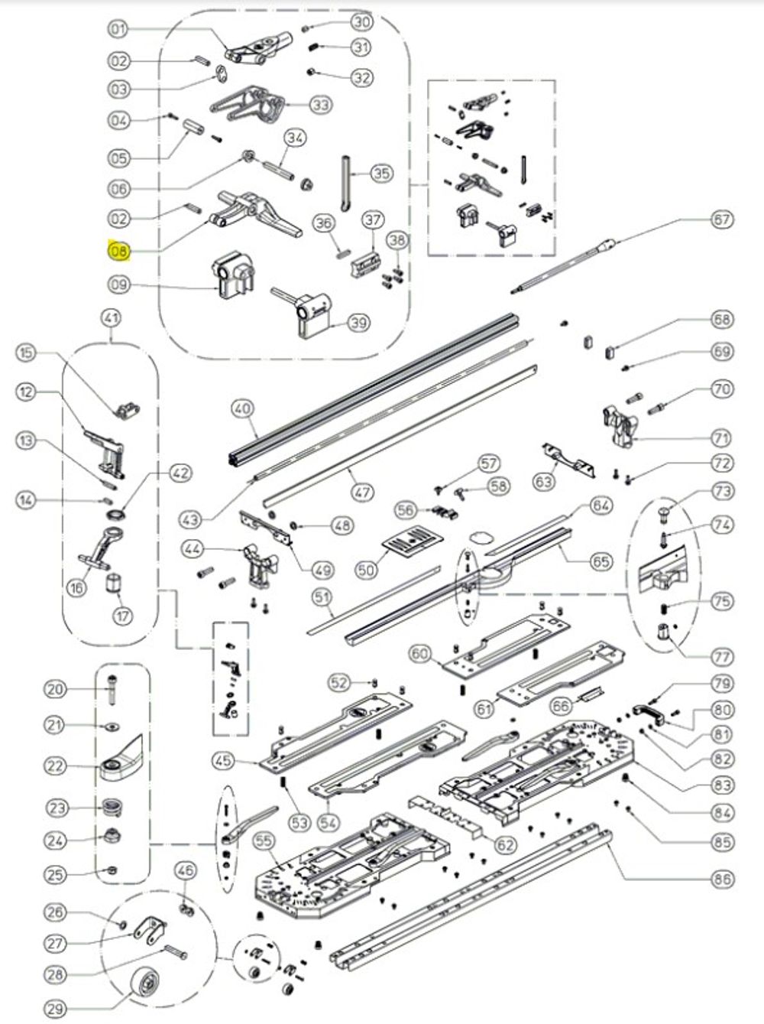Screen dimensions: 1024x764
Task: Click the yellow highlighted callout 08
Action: tap(119, 251)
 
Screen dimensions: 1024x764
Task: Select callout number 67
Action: tap(722, 219)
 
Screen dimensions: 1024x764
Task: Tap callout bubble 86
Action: tap(722, 879)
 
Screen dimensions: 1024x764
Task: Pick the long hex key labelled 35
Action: tap(345, 184)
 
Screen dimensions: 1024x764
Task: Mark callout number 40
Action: tap(242, 410)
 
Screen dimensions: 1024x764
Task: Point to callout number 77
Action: tap(722, 656)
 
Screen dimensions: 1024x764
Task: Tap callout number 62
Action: tap(505, 845)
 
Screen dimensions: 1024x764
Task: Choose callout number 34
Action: tap(296, 138)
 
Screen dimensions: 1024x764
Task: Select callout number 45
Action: tap(223, 761)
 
